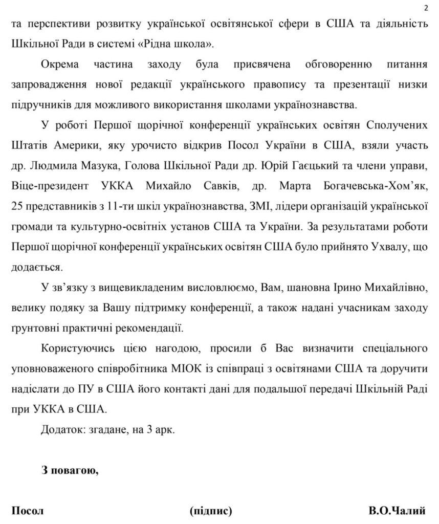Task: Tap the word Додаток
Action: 60,430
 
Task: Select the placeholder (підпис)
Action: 210,511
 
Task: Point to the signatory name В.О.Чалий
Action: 397,511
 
